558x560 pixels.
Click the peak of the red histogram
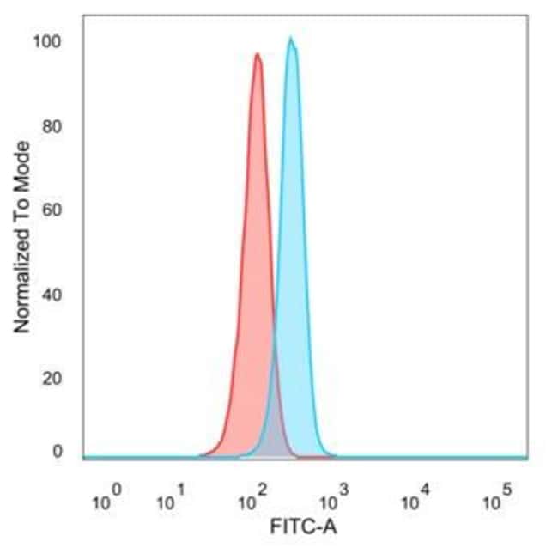(x=257, y=55)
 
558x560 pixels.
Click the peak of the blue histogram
(x=291, y=40)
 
